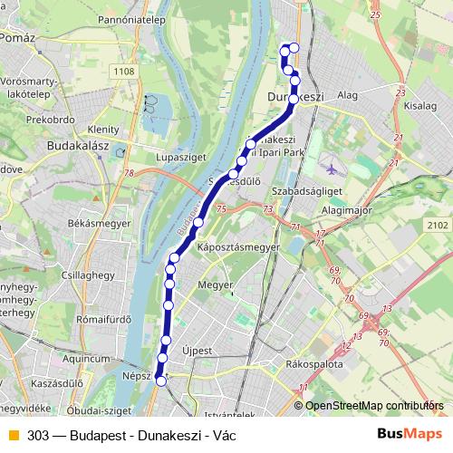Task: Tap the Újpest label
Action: [196, 349]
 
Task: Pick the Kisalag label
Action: [421, 106]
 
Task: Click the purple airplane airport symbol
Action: [330, 169]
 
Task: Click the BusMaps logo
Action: [403, 434]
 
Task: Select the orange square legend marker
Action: [13, 434]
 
